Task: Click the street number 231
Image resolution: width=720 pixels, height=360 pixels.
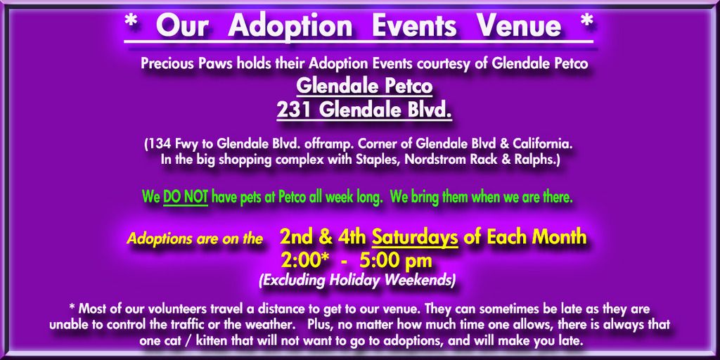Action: (294, 110)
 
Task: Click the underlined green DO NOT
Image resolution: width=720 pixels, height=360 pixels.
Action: (186, 198)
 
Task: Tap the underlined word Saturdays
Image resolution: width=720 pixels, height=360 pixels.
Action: (415, 238)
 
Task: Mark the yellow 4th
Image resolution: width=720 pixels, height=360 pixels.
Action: (352, 238)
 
